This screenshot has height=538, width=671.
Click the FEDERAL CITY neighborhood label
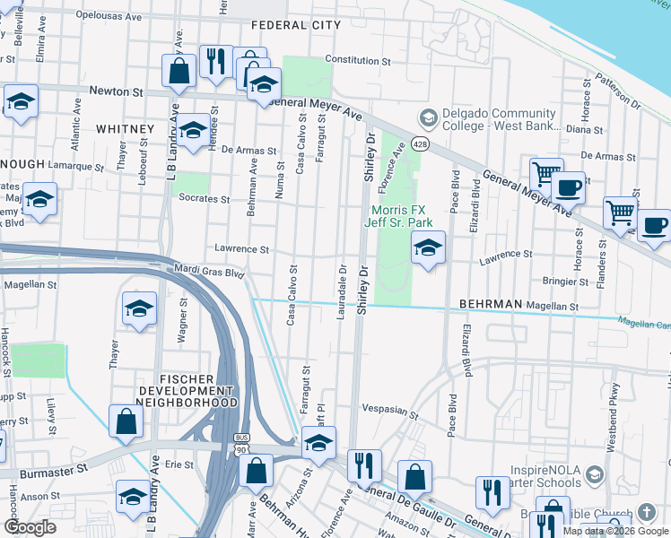pyautogui.click(x=296, y=25)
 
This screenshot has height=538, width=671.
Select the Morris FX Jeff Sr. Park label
pyautogui.click(x=401, y=215)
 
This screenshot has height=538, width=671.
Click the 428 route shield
pyautogui.click(x=419, y=144)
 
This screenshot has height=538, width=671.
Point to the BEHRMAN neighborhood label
pyautogui.click(x=491, y=305)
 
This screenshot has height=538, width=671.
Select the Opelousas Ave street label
pyautogui.click(x=109, y=16)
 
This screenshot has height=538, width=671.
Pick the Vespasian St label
pyautogui.click(x=390, y=412)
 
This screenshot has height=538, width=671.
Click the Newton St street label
pyautogui.click(x=117, y=91)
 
